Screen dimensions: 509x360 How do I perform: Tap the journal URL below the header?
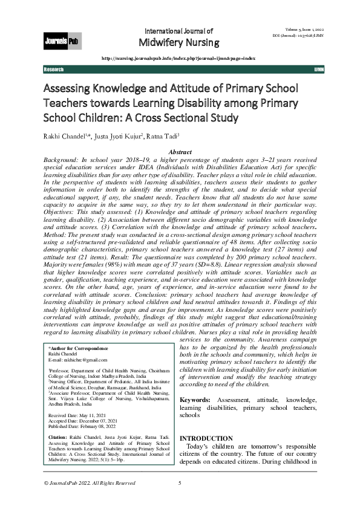[x=177, y=58]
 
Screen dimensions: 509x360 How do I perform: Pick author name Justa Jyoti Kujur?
[x=122, y=135]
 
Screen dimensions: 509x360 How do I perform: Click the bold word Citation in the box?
[x=58, y=436]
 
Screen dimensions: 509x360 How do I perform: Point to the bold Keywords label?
[x=195, y=400]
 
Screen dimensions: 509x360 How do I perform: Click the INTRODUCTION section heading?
[x=206, y=438]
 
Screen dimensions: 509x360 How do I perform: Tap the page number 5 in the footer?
[x=180, y=483]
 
